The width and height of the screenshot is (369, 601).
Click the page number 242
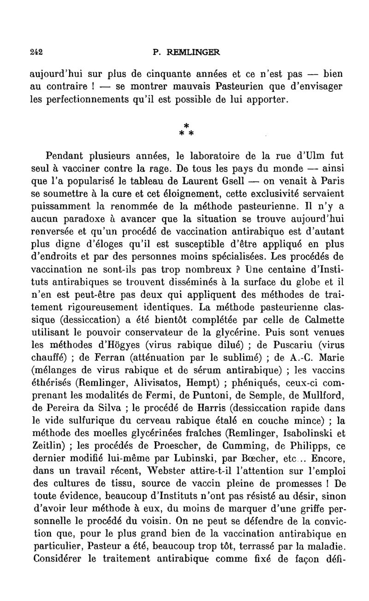(35, 53)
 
